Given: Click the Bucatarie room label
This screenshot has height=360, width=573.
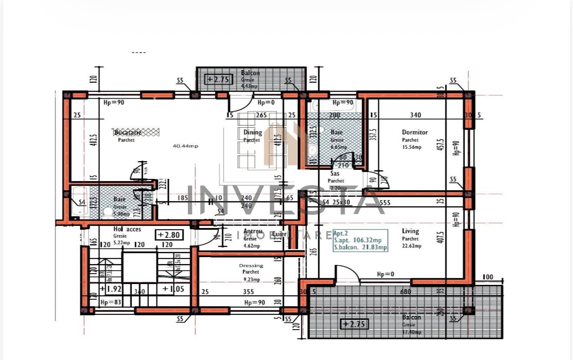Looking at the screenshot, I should tap(128, 132).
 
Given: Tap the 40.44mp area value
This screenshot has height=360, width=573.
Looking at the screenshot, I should tap(185, 146).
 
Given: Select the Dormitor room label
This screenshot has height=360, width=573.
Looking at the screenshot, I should tap(415, 132).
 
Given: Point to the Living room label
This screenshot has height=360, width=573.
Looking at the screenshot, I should tap(410, 231).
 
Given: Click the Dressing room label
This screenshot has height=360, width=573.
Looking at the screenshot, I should tap(251, 265).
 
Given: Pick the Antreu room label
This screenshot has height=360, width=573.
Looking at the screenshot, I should tap(253, 231).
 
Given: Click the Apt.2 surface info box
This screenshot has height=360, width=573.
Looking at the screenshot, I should tap(360, 240).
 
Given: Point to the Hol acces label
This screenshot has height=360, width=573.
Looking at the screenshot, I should tap(127, 229).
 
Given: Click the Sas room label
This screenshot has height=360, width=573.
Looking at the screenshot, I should tap(335, 173).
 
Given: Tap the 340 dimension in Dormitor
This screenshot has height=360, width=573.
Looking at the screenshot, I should tap(415, 115).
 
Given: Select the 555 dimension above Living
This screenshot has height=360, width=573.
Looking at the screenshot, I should tap(385, 202).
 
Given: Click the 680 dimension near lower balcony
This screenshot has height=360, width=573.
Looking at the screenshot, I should tap(405, 292).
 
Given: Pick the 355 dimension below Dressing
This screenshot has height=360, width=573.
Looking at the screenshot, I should tap(248, 292).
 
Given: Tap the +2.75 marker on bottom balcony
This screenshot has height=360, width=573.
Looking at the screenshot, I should tap(354, 324).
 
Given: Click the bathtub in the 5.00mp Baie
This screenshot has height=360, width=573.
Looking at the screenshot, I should tap(80, 201).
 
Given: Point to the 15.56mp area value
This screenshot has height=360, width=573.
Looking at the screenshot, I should tap(412, 147).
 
